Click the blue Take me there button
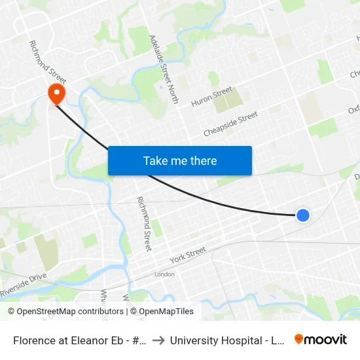180,160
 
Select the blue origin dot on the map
302,215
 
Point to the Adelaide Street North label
164,69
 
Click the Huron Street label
211,97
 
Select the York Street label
188,255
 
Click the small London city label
164,274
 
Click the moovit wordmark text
326,339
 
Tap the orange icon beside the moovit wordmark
299,339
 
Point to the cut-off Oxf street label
353,109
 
